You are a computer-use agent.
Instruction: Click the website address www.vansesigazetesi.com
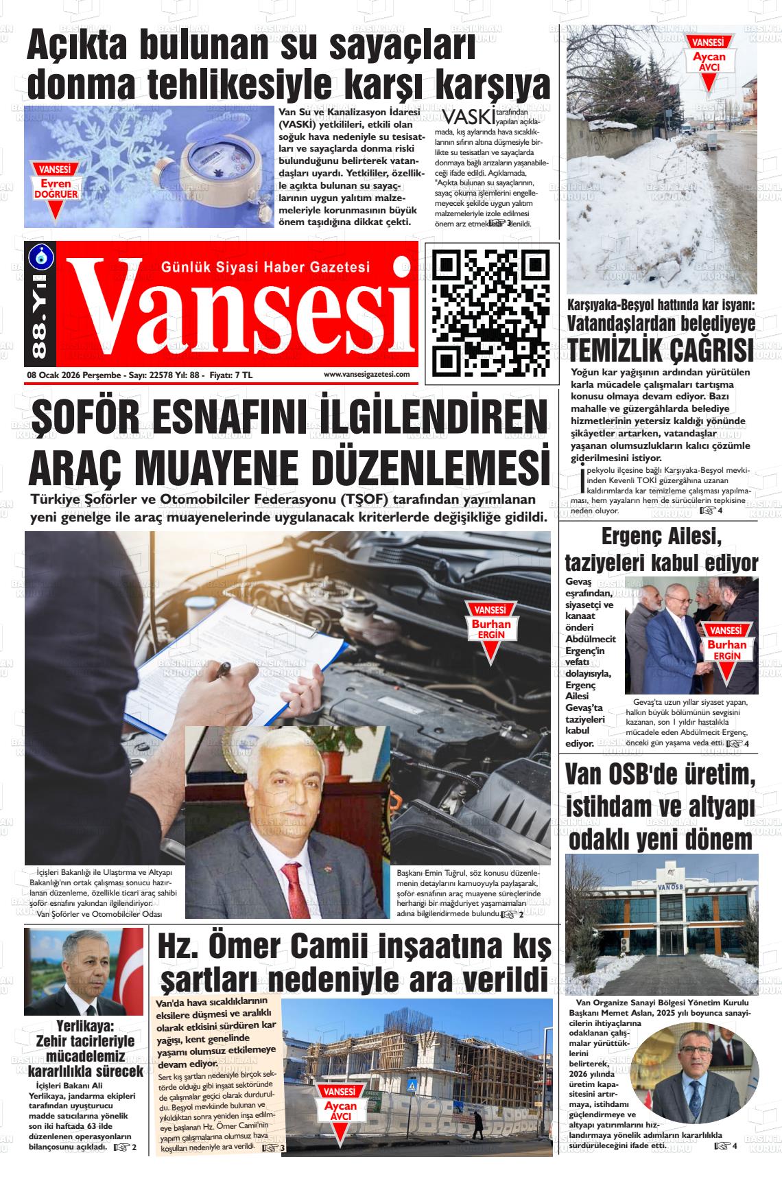click(x=366, y=374)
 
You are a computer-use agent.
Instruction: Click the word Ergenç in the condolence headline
click(x=630, y=535)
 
